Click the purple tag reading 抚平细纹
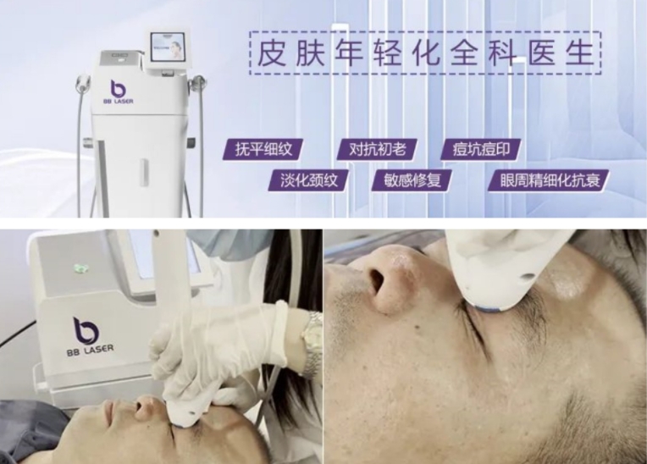click(x=263, y=151)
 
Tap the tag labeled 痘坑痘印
click(x=480, y=151)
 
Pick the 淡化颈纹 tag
click(x=309, y=180)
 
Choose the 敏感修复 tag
click(x=412, y=180)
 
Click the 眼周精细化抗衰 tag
click(x=548, y=180)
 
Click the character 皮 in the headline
click(x=272, y=52)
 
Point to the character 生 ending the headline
click(x=579, y=52)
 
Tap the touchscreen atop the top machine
click(x=169, y=47)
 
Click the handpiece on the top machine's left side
click(x=82, y=85)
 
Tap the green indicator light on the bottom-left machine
click(x=80, y=268)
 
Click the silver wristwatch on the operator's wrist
click(x=312, y=333)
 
